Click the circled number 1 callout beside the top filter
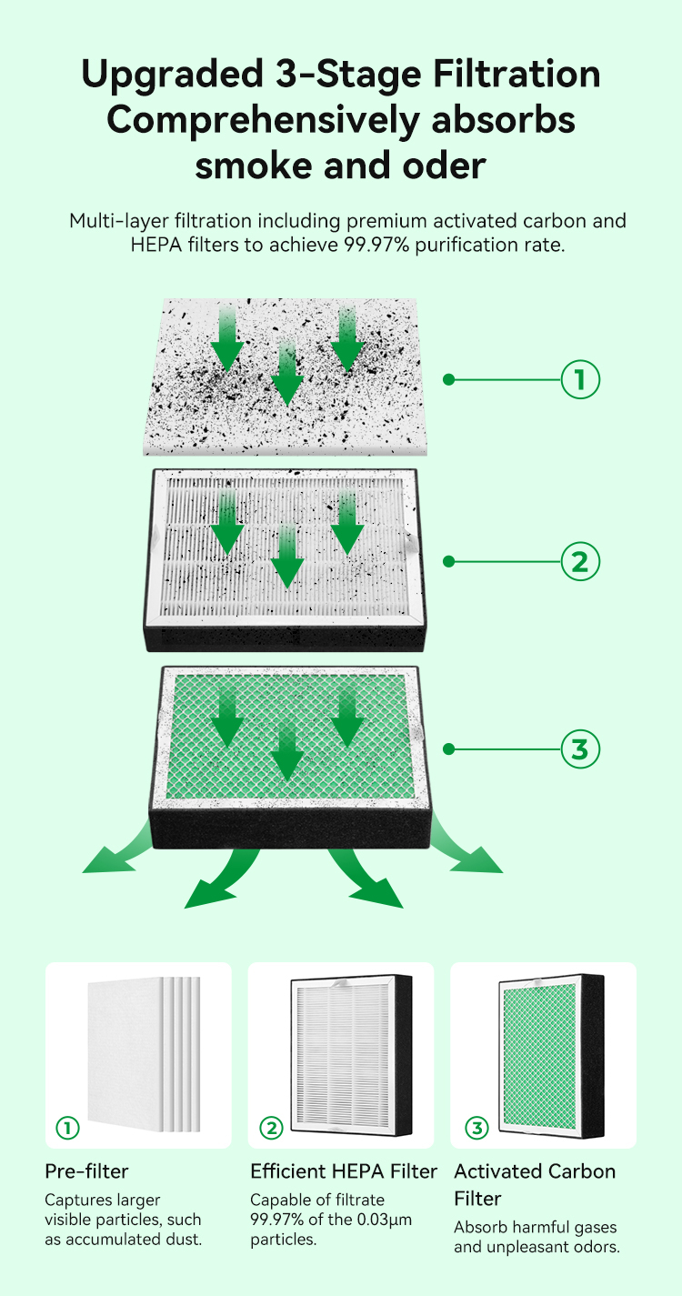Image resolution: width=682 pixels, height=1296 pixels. click(580, 379)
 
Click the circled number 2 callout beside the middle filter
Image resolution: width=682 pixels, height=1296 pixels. click(580, 561)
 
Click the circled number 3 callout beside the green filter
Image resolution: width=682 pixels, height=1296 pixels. click(580, 748)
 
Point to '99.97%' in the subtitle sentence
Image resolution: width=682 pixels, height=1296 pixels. click(376, 245)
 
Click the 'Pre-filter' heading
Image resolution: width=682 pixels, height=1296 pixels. click(86, 1171)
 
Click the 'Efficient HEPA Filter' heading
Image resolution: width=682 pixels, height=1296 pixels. click(344, 1171)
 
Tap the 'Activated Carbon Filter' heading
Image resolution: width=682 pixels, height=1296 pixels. click(535, 1184)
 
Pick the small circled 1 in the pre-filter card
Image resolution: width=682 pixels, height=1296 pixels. click(67, 1128)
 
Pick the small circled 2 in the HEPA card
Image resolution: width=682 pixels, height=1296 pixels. click(271, 1128)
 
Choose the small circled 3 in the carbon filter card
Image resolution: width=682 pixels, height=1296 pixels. click(476, 1128)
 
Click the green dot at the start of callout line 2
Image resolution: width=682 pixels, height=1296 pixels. click(448, 561)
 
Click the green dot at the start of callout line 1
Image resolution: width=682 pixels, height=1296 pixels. click(448, 379)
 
